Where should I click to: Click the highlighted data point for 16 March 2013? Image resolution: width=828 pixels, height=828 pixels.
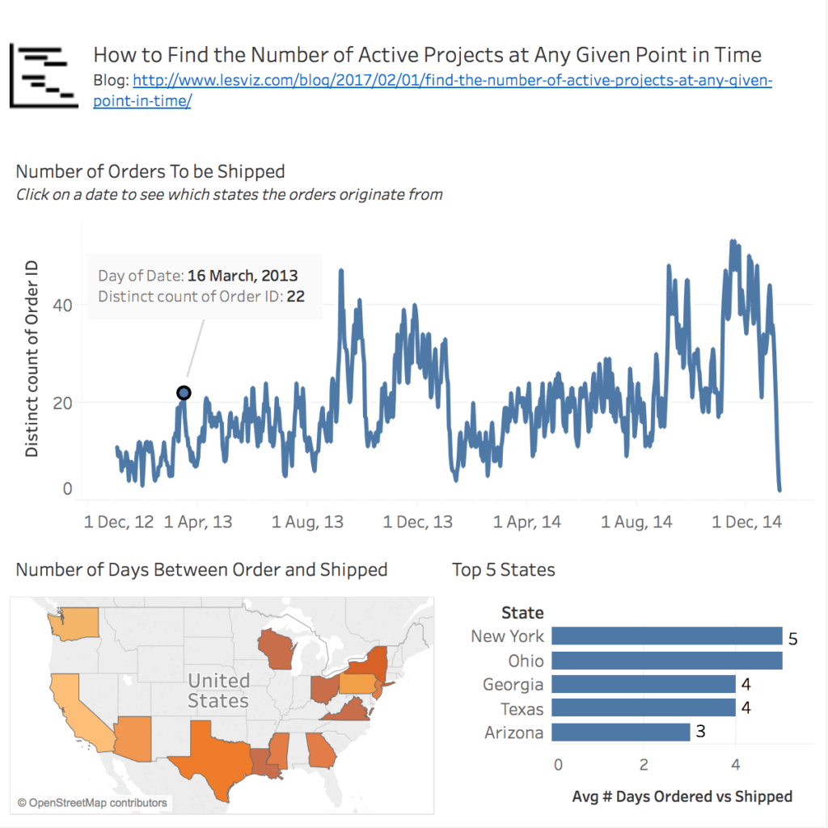click(x=184, y=393)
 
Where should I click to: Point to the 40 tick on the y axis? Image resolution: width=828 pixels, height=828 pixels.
click(x=63, y=305)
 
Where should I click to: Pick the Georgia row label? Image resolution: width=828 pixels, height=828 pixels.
click(x=513, y=685)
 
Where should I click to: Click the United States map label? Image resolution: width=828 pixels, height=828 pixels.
click(x=218, y=690)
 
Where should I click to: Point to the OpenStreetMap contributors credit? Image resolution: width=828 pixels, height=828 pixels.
click(x=92, y=803)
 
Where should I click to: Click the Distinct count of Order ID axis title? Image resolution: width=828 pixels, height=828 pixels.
click(x=32, y=358)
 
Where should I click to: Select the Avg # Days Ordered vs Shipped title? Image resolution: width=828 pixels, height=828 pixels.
click(x=682, y=796)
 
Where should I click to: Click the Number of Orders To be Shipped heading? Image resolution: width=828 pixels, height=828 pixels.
click(x=150, y=171)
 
